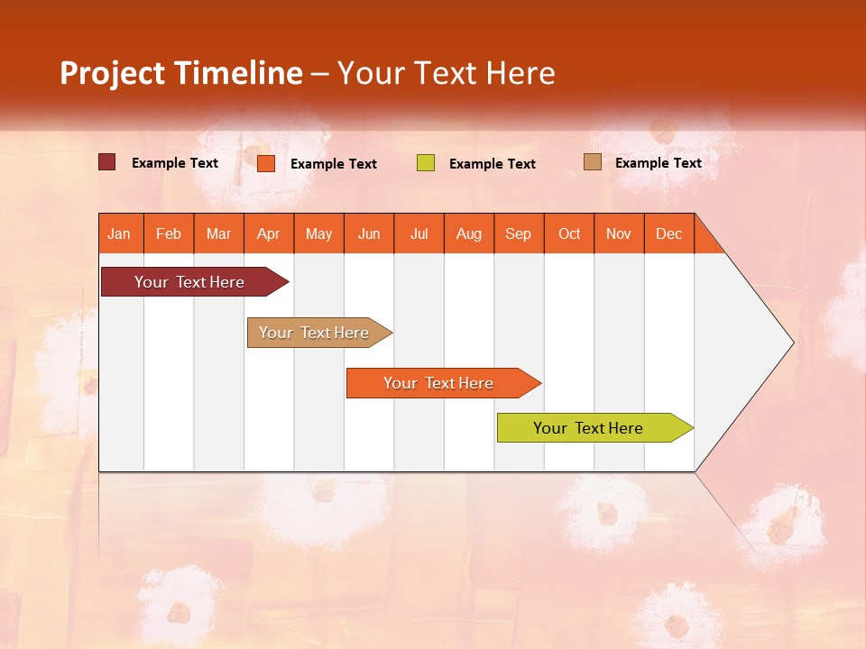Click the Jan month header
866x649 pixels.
tap(120, 233)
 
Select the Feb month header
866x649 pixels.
tap(169, 233)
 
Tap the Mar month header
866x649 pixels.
tap(218, 233)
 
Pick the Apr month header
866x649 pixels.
tap(269, 233)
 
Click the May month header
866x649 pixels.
tap(318, 233)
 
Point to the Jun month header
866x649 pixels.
tap(369, 233)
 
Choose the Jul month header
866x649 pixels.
tap(419, 233)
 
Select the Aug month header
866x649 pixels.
tap(469, 233)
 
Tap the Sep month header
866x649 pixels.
tap(519, 233)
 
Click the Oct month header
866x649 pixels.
tap(569, 233)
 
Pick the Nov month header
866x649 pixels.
tap(619, 233)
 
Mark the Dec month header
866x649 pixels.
tap(669, 233)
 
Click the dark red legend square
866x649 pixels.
tap(107, 162)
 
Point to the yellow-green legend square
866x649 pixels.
tap(426, 163)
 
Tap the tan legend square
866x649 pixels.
tap(593, 162)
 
